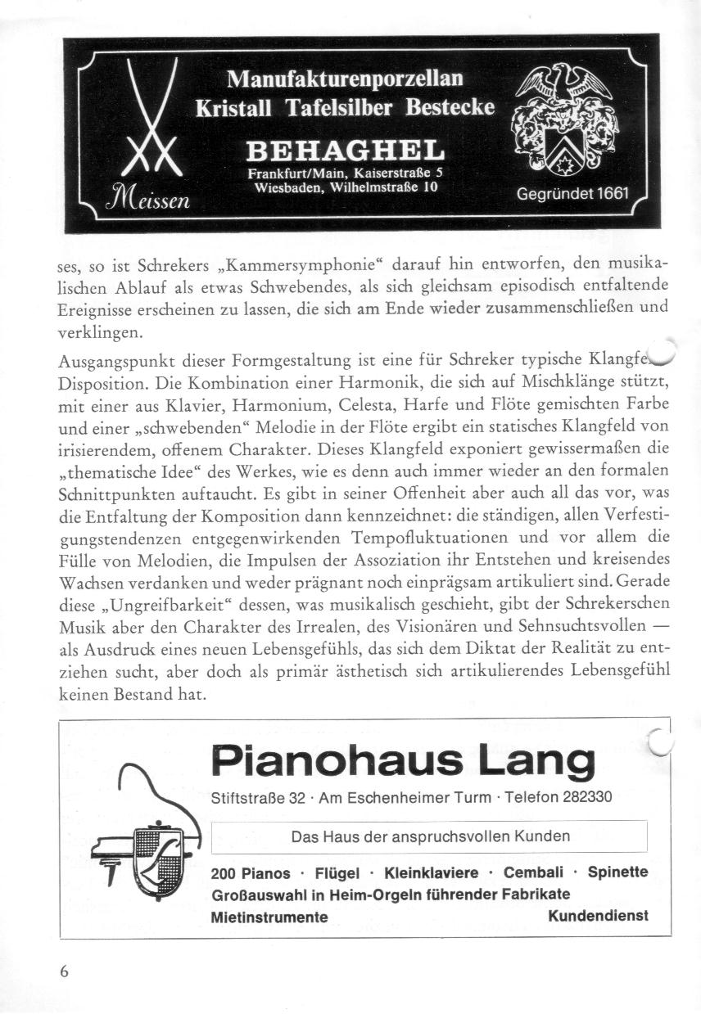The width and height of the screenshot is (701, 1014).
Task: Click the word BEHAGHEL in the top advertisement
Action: pyautogui.click(x=345, y=151)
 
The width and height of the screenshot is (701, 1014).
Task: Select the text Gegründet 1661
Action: pyautogui.click(x=572, y=195)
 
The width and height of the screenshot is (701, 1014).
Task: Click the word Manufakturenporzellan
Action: pyautogui.click(x=345, y=79)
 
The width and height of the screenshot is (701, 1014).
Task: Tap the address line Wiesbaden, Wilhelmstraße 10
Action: pyautogui.click(x=345, y=187)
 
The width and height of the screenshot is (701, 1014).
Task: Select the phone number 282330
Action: pyautogui.click(x=586, y=797)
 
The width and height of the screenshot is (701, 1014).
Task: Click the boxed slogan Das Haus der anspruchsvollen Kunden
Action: pyautogui.click(x=430, y=836)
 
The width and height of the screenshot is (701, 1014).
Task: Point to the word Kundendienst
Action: pyautogui.click(x=598, y=916)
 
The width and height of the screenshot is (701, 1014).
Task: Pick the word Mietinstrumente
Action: pyautogui.click(x=269, y=917)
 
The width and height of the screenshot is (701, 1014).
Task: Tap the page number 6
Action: pyautogui.click(x=65, y=971)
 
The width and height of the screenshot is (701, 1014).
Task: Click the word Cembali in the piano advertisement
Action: pyautogui.click(x=533, y=872)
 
